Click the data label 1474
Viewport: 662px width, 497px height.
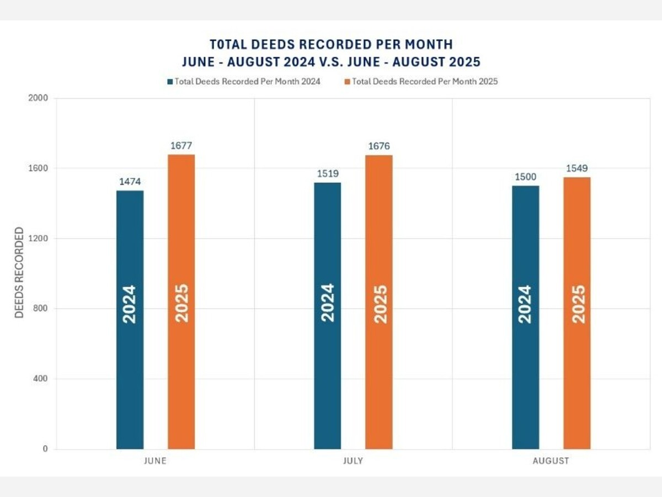(130, 182)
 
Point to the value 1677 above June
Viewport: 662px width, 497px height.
(181, 146)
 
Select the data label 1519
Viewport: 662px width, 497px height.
(328, 174)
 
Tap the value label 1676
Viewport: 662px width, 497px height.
(379, 146)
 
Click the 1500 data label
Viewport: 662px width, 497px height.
(526, 177)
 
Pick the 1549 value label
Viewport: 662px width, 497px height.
(577, 168)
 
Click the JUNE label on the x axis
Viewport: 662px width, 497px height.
(155, 461)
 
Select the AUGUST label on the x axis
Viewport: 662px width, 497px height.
(551, 461)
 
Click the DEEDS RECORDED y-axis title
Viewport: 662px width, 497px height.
(20, 272)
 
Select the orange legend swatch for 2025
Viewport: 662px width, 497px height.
(348, 82)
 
